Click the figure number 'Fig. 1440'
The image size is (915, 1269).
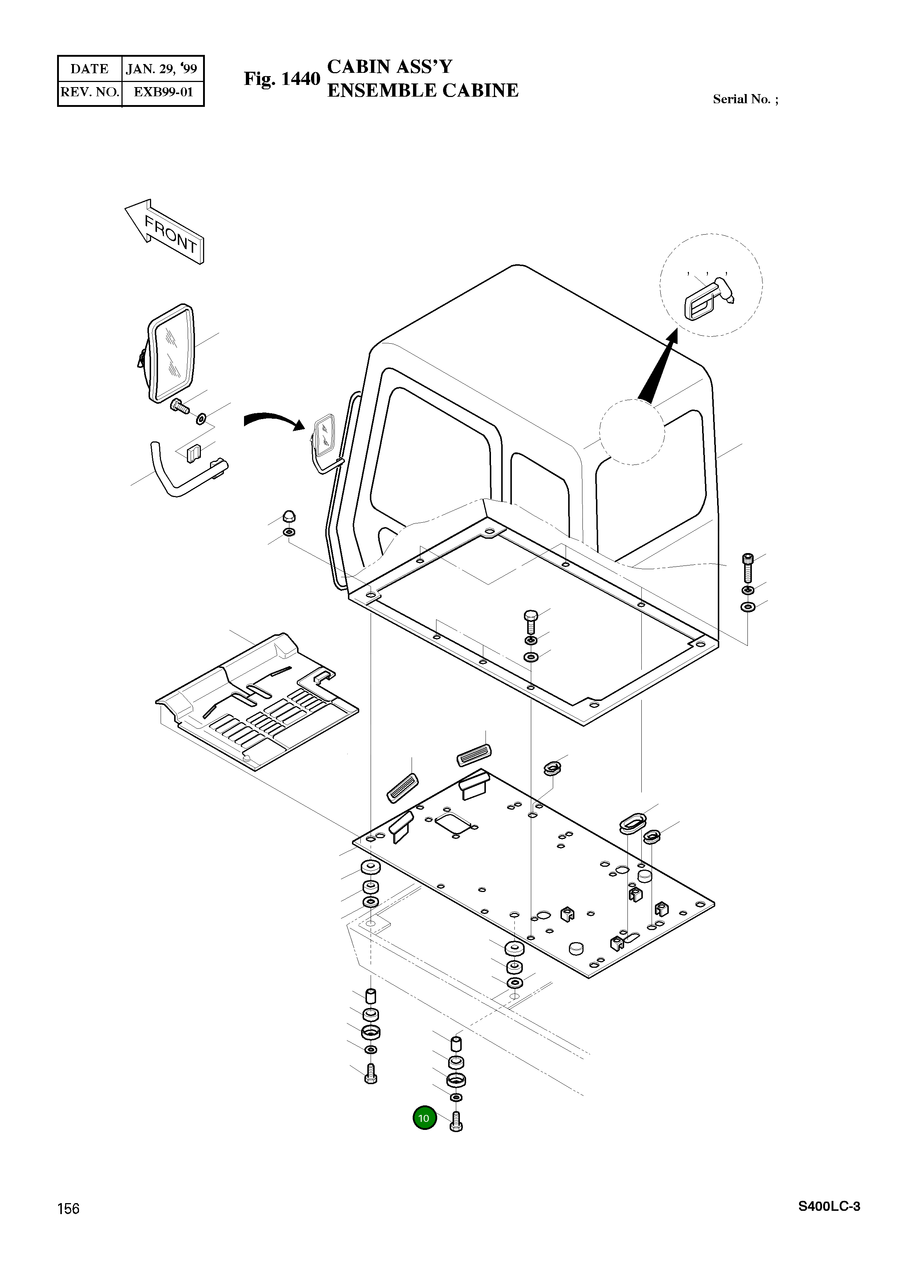[282, 79]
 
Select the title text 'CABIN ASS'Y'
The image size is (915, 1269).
[389, 67]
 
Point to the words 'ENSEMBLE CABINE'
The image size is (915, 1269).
[423, 91]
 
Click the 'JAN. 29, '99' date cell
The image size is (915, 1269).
[162, 69]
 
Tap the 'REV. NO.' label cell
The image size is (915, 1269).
[90, 92]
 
